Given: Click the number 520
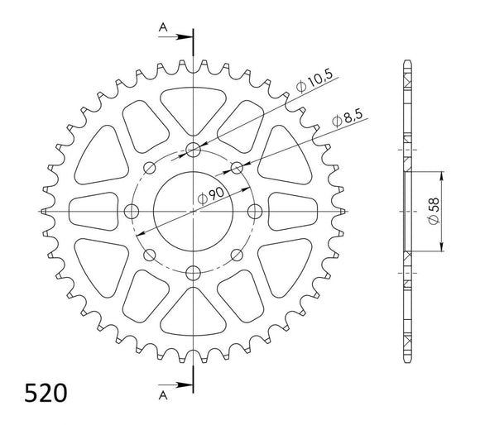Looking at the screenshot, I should tap(36, 389).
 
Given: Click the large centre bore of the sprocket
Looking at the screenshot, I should tap(193, 212).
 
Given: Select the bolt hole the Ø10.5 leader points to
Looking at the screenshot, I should tap(193, 150).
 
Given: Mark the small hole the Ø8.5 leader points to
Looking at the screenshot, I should tap(237, 168).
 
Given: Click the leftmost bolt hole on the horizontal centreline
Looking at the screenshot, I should tap(131, 212).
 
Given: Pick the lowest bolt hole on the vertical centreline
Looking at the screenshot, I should tap(193, 273).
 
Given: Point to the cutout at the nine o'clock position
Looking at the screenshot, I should tap(93, 212).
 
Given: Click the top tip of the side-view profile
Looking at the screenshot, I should tap(407, 63).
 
